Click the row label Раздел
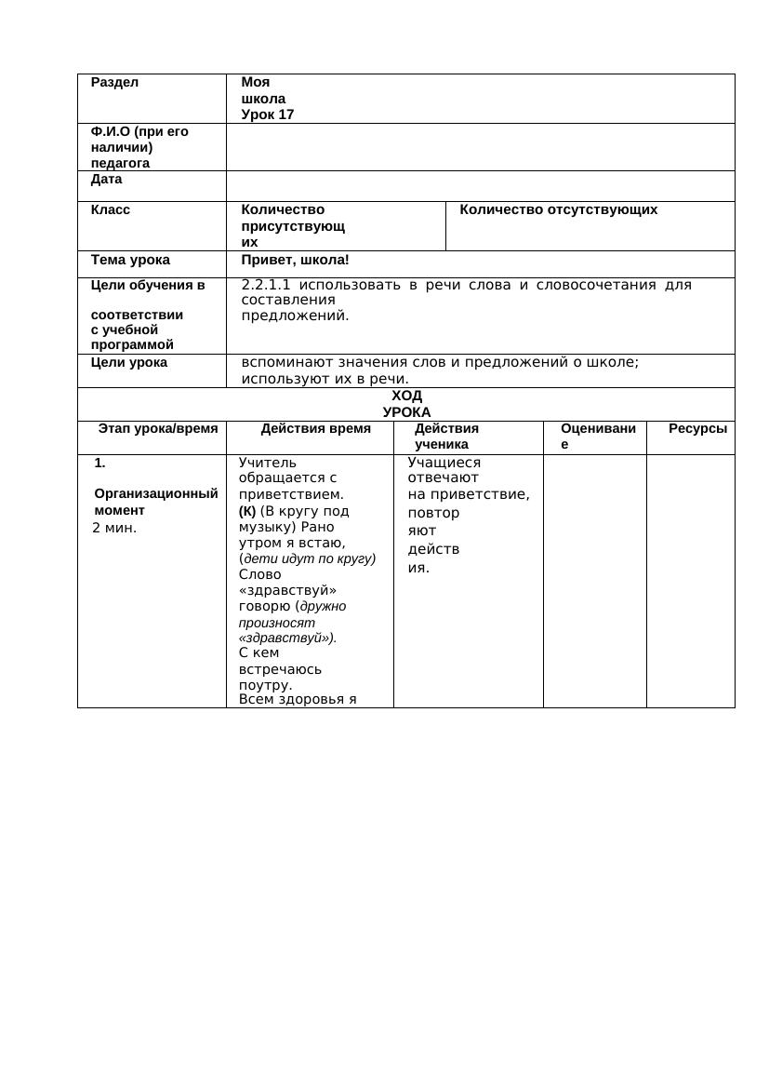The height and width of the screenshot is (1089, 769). (114, 82)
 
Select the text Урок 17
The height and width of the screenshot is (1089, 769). (267, 114)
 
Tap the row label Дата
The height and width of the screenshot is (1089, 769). (106, 179)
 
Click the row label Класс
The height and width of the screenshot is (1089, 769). (111, 210)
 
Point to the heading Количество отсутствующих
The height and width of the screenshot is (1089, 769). (558, 210)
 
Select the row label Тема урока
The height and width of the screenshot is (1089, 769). (130, 260)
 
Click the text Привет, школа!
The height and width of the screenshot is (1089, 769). (295, 260)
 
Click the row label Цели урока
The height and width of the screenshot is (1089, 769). (129, 362)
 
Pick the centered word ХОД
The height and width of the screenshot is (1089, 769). (406, 396)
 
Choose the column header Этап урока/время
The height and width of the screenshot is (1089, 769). (158, 429)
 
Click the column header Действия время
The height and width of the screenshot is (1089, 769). (315, 429)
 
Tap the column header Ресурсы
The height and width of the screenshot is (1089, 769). (697, 429)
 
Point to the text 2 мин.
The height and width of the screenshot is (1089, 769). (114, 528)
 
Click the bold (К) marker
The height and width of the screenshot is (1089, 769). (247, 511)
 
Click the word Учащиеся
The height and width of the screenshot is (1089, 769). (444, 463)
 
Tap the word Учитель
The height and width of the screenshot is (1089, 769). (268, 463)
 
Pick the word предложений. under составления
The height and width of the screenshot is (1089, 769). (295, 316)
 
